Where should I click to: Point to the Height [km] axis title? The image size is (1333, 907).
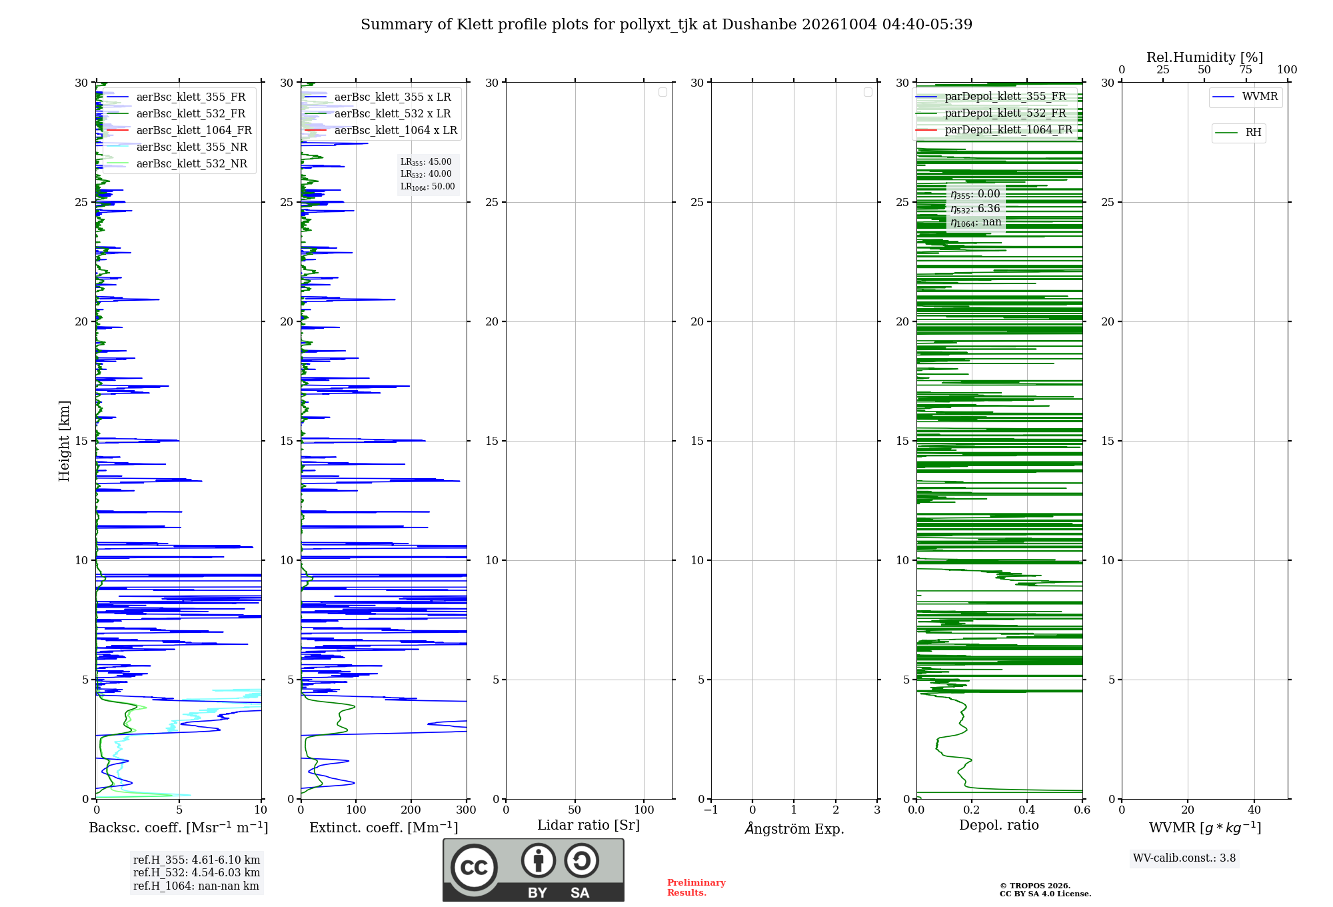pyautogui.click(x=64, y=441)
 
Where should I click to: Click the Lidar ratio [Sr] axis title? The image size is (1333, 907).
pyautogui.click(x=589, y=825)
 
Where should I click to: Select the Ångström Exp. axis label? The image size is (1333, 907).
pyautogui.click(x=794, y=828)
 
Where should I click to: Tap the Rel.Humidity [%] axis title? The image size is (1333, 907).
pyautogui.click(x=1204, y=57)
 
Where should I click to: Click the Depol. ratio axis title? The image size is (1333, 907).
pyautogui.click(x=999, y=825)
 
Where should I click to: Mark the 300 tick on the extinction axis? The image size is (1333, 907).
pyautogui.click(x=467, y=810)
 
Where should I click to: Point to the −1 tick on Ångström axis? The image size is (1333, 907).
pyautogui.click(x=711, y=810)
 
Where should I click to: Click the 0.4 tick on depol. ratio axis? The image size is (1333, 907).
pyautogui.click(x=1027, y=810)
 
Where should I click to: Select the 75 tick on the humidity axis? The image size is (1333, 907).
pyautogui.click(x=1246, y=69)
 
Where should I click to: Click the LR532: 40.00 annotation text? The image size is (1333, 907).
pyautogui.click(x=426, y=174)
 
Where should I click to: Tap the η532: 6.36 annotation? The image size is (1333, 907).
pyautogui.click(x=976, y=209)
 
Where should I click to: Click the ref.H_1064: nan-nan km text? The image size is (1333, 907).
pyautogui.click(x=196, y=886)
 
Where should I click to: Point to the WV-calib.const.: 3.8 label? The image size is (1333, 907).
pyautogui.click(x=1184, y=858)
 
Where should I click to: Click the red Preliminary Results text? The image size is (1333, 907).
pyautogui.click(x=696, y=888)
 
